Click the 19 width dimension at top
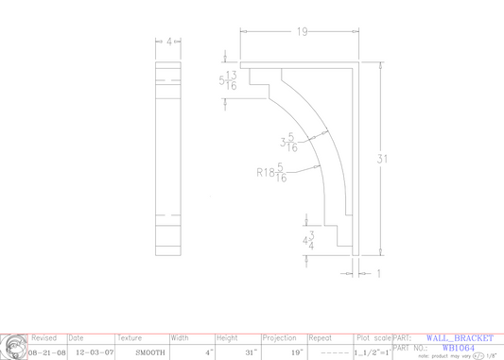pyautogui.click(x=302, y=32)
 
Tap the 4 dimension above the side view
pyautogui.click(x=169, y=43)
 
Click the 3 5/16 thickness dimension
pyautogui.click(x=288, y=143)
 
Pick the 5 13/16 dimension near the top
pyautogui.click(x=227, y=82)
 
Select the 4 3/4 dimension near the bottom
pyautogui.click(x=308, y=240)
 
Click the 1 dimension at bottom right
pyautogui.click(x=378, y=274)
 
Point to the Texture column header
pyautogui.click(x=130, y=337)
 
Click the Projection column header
pyautogui.click(x=280, y=337)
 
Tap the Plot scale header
pyautogui.click(x=372, y=337)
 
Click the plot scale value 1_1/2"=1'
pyautogui.click(x=372, y=351)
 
